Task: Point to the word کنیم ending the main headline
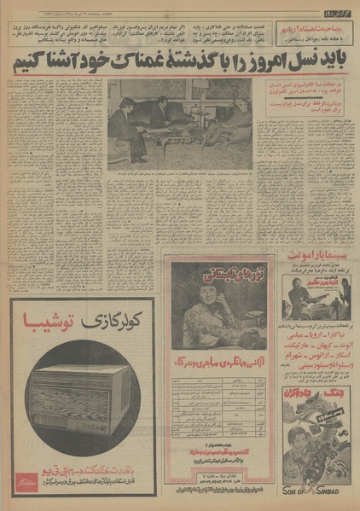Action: click(x=29, y=64)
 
